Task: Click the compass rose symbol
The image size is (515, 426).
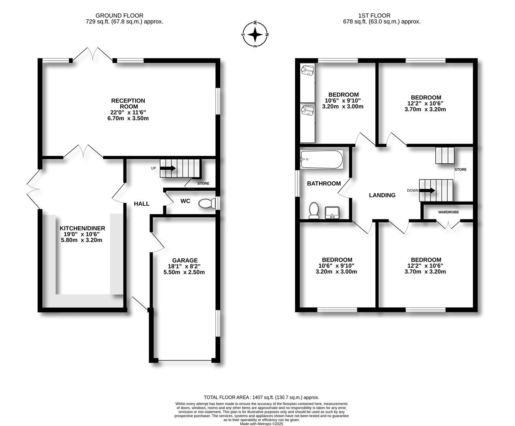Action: tap(255, 35)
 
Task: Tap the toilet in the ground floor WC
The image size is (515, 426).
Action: tap(207, 203)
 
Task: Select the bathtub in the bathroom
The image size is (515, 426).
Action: tap(321, 159)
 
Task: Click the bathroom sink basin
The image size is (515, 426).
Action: tap(332, 213)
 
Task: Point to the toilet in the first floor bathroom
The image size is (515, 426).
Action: tap(314, 210)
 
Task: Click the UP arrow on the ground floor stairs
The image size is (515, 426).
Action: tap(168, 168)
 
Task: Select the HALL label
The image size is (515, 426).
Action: tap(142, 204)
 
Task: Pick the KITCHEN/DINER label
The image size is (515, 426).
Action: tap(82, 228)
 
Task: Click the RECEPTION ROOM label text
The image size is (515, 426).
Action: tap(128, 104)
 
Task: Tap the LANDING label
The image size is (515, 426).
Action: tap(382, 195)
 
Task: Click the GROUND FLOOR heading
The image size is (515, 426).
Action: tap(125, 16)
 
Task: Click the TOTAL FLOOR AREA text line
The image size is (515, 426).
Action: tap(261, 398)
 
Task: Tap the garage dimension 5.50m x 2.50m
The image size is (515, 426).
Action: tap(184, 272)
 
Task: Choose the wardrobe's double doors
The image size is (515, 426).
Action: tap(449, 224)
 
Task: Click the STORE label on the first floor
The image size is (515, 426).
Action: tap(460, 170)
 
